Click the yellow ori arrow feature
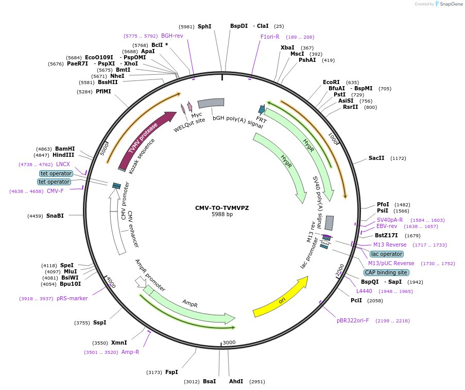click(281, 299)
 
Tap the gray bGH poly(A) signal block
click(211, 103)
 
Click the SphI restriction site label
click(204, 26)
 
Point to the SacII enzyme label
click(376, 158)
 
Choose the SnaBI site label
click(55, 216)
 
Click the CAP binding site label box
click(386, 272)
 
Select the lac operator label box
click(386, 254)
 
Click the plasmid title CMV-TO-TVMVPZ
click(222, 208)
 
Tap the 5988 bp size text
click(222, 214)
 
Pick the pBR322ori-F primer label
click(353, 320)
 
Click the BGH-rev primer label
click(172, 36)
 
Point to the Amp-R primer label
click(130, 352)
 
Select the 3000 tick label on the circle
click(229, 343)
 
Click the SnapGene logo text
click(448, 4)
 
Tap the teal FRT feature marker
click(262, 109)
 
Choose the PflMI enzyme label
click(103, 91)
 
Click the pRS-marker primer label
click(72, 298)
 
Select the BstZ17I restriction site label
click(386, 235)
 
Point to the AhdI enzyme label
click(236, 381)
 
